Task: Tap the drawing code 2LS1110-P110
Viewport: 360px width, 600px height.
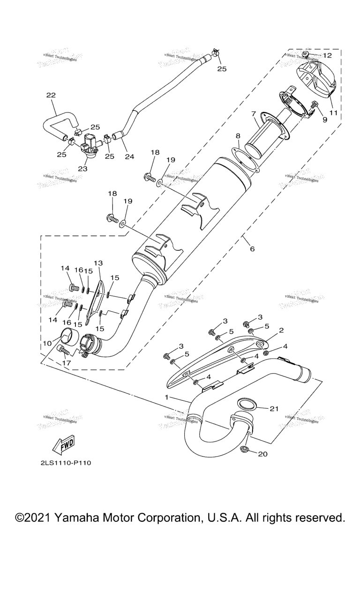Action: click(65, 463)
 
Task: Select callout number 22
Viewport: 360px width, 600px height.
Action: click(51, 95)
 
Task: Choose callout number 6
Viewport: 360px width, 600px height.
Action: click(252, 248)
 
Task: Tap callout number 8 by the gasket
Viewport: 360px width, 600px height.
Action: click(238, 136)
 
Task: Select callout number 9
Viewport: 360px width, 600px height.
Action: click(324, 120)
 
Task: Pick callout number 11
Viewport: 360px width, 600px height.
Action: click(333, 112)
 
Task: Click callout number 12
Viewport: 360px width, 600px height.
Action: click(327, 55)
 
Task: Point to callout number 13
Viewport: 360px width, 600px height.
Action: click(98, 263)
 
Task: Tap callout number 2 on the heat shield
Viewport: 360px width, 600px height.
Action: click(281, 330)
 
